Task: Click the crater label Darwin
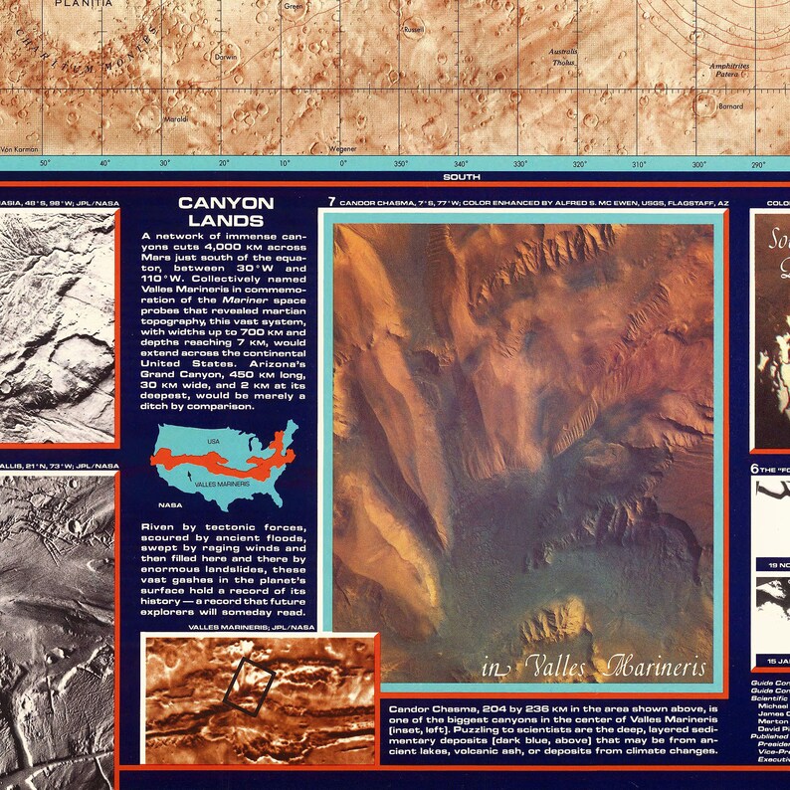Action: click(x=226, y=58)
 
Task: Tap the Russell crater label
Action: click(x=413, y=31)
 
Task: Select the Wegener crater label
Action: click(x=342, y=148)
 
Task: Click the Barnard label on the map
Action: click(x=730, y=105)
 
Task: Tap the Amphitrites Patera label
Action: click(x=729, y=70)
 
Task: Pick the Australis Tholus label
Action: click(x=564, y=57)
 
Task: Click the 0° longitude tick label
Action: click(x=343, y=164)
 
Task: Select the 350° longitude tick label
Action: click(x=401, y=164)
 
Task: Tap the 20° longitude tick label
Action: click(x=224, y=164)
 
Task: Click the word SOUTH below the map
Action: click(x=464, y=177)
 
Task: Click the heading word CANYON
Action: click(x=219, y=204)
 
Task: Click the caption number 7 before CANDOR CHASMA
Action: click(x=331, y=202)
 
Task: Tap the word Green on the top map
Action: click(x=294, y=7)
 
